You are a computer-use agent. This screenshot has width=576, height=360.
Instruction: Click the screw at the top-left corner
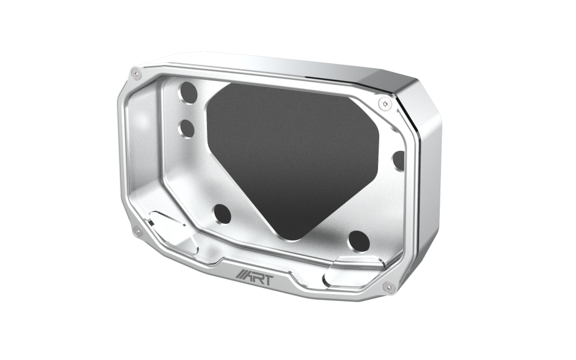click(x=137, y=74)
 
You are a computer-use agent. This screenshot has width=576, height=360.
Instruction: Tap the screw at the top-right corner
click(x=385, y=104)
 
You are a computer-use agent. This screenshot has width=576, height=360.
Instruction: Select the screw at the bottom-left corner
click(x=138, y=231)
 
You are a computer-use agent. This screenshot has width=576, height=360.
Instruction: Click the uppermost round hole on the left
click(x=188, y=93)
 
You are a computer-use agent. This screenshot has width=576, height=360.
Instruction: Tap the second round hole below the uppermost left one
click(x=187, y=129)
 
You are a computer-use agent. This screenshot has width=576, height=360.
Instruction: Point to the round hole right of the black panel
click(x=399, y=160)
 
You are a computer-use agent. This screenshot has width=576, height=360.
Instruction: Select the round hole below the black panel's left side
click(x=222, y=214)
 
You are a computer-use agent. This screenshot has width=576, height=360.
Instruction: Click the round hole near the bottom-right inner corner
click(x=359, y=241)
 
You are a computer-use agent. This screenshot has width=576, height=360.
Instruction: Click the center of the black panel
click(x=292, y=154)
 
